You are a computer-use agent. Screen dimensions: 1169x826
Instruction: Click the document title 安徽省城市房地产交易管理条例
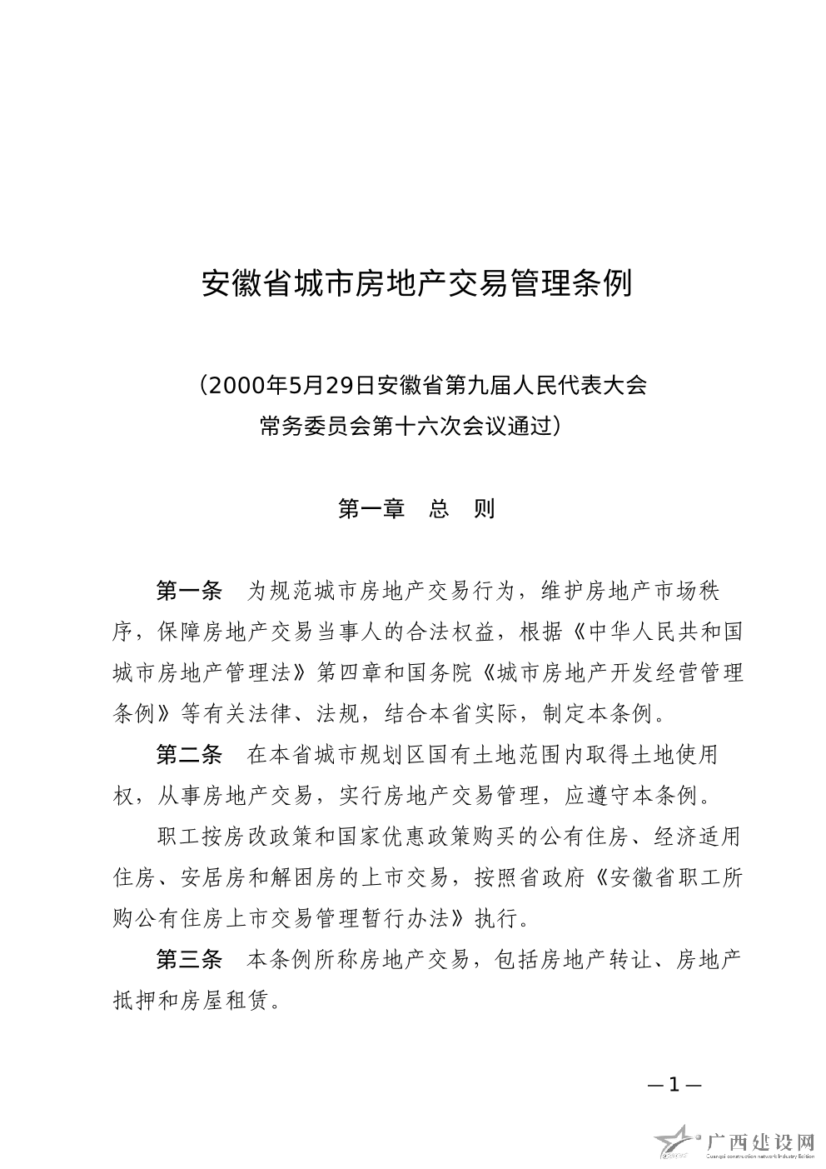click(417, 284)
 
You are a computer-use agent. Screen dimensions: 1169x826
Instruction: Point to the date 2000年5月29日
click(287, 386)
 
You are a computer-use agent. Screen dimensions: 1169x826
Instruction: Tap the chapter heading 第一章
click(371, 508)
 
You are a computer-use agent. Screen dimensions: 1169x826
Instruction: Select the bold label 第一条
click(190, 592)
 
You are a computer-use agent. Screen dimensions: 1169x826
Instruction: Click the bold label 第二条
click(190, 755)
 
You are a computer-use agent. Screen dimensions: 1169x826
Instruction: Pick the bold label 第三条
click(190, 960)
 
